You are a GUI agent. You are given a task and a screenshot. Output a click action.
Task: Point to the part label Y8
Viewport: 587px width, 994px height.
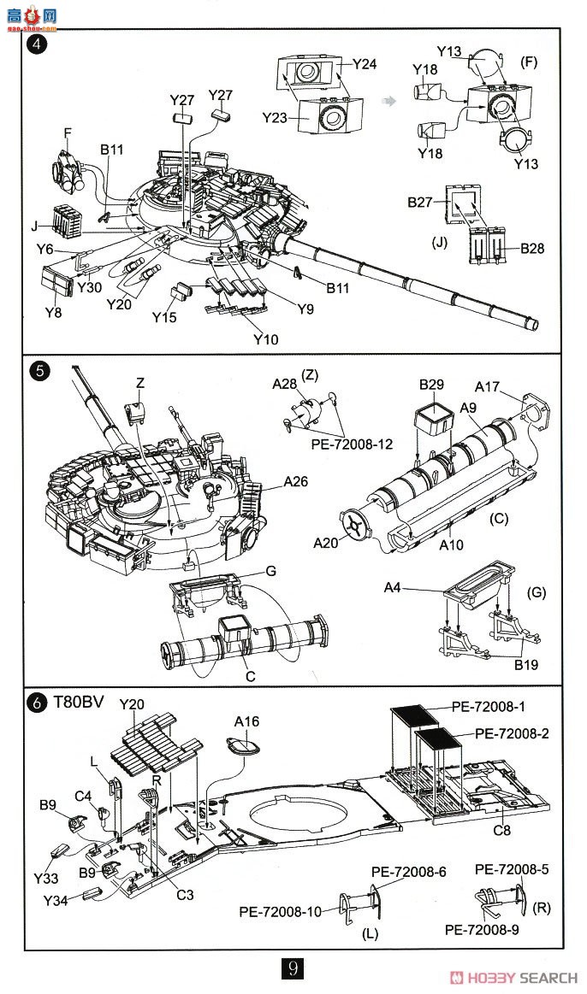point(53,313)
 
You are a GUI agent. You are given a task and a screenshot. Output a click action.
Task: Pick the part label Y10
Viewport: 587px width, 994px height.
point(265,339)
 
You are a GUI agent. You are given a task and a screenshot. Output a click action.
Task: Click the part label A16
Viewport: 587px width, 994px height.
point(246,721)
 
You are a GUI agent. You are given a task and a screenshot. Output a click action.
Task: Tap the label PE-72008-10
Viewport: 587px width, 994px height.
point(281,912)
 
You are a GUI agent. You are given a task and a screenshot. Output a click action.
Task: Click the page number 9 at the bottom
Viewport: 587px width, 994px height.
point(293,968)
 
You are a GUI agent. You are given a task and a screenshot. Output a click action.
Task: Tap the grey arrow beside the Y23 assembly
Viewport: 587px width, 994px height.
point(390,100)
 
